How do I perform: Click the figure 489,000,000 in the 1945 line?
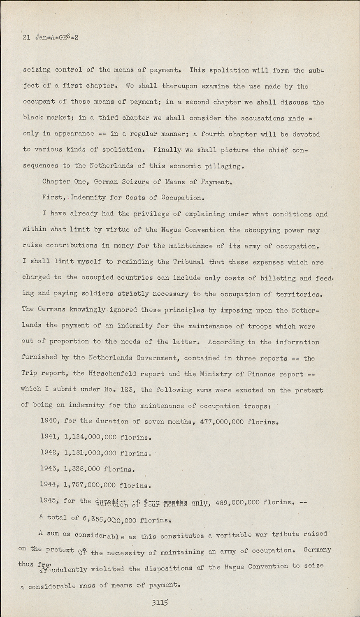pyautogui.click(x=238, y=502)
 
